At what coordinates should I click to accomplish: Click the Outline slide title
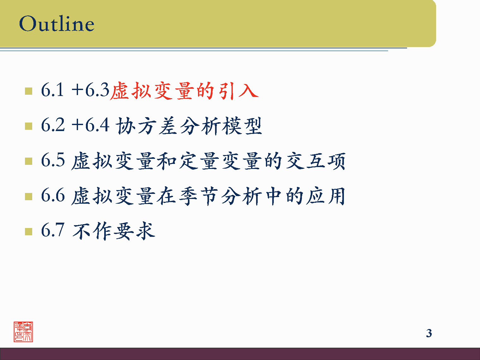pyautogui.click(x=57, y=24)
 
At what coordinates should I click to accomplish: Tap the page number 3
pyautogui.click(x=429, y=333)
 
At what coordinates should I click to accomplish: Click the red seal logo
pyautogui.click(x=23, y=332)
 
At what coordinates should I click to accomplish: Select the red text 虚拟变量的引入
pyautogui.click(x=184, y=91)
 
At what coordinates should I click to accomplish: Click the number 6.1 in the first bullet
pyautogui.click(x=52, y=90)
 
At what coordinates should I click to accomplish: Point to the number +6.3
pyautogui.click(x=91, y=90)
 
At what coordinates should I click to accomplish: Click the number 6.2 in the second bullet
pyautogui.click(x=53, y=125)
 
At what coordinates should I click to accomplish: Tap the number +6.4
pyautogui.click(x=91, y=125)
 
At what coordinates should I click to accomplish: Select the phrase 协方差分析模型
pyautogui.click(x=189, y=126)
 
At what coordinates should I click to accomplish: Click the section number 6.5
pyautogui.click(x=53, y=160)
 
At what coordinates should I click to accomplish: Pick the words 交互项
pyautogui.click(x=316, y=161)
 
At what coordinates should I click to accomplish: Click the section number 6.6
pyautogui.click(x=53, y=195)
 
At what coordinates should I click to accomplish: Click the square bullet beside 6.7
pyautogui.click(x=28, y=231)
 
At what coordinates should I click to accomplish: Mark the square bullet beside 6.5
pyautogui.click(x=28, y=161)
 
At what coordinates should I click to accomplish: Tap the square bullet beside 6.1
pyautogui.click(x=28, y=91)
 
